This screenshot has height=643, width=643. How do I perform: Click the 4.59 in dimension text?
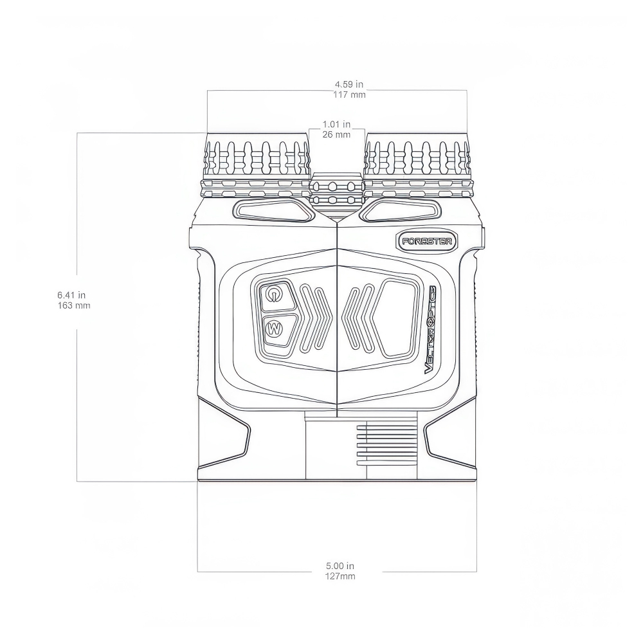[349, 84]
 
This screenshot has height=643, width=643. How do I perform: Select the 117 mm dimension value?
[349, 95]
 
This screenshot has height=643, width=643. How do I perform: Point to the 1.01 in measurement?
[336, 124]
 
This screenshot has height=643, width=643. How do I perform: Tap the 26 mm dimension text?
[336, 134]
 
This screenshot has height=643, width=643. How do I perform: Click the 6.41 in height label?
[72, 294]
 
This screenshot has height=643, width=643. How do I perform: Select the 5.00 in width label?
[340, 566]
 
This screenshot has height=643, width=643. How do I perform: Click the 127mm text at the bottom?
[340, 576]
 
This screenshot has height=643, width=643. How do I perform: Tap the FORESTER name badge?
[427, 242]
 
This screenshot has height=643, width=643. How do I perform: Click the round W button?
[275, 329]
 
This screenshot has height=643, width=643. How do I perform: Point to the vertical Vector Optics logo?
[431, 329]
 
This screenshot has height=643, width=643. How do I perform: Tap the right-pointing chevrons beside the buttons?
[315, 318]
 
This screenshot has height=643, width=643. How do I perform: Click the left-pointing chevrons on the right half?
[358, 318]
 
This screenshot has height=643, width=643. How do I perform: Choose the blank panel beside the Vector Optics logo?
[396, 318]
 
